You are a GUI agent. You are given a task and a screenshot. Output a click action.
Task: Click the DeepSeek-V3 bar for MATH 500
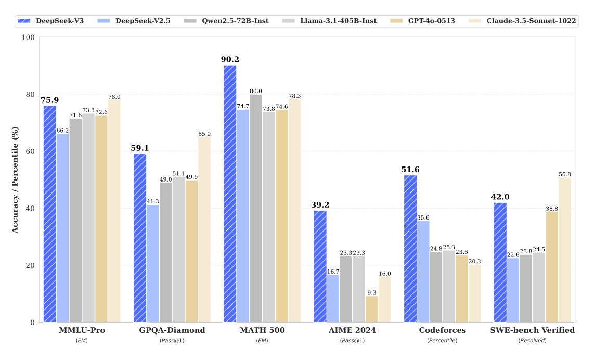coord(230,194)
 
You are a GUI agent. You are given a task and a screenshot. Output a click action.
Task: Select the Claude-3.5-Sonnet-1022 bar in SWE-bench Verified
coord(564,250)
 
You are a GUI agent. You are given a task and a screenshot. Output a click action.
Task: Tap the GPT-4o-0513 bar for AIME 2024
coord(371,309)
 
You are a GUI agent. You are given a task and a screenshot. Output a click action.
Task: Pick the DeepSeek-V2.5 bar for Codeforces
coord(423,272)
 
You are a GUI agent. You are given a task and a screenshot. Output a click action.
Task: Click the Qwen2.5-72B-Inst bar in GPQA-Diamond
coord(166,252)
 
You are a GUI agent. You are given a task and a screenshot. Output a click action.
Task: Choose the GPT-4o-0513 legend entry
coord(419,21)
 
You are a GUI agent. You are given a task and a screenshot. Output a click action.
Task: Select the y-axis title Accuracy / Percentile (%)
coord(15,179)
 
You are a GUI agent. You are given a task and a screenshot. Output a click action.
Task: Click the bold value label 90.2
coord(229,59)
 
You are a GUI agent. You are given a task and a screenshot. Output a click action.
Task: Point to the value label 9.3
coord(371,292)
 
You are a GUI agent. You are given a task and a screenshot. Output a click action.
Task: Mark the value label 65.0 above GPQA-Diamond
coord(204,134)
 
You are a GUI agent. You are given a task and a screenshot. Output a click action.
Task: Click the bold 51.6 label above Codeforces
coord(410,170)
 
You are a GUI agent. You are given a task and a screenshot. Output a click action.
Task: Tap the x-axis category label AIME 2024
coord(352,330)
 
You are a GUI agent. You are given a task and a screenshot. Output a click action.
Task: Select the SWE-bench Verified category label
coord(532,330)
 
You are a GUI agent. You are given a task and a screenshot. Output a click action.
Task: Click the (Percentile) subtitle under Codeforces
coord(442,340)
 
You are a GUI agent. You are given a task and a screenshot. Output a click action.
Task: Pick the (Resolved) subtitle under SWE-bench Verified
coord(532,340)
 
